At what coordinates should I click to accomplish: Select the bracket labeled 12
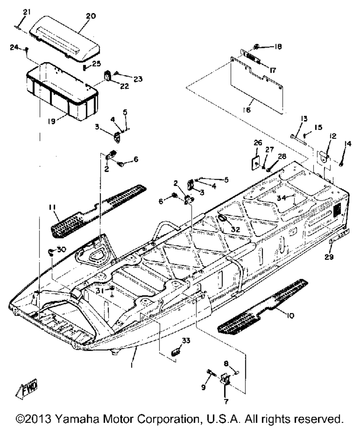coord(324,157)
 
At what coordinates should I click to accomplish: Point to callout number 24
coord(22,48)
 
